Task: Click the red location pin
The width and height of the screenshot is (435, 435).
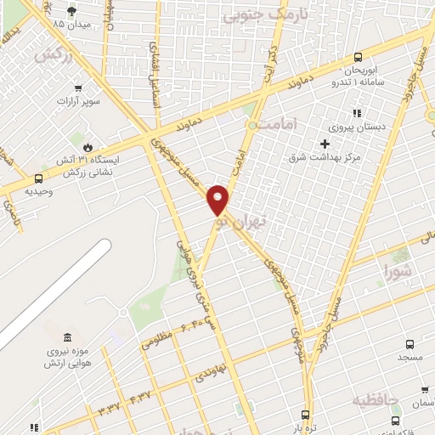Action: pyautogui.click(x=218, y=199)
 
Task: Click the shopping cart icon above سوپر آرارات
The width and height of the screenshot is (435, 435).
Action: pyautogui.click(x=79, y=88)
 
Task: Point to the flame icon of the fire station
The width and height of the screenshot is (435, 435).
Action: pyautogui.click(x=86, y=145)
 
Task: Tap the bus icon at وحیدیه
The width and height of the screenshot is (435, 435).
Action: pyautogui.click(x=38, y=178)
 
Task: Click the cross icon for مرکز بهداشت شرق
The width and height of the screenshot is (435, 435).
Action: pyautogui.click(x=325, y=144)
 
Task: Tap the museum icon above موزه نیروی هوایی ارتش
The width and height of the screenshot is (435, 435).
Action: pyautogui.click(x=67, y=337)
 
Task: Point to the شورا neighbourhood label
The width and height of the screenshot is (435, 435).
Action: pyautogui.click(x=398, y=273)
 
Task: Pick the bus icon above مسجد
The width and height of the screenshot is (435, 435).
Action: pyautogui.click(x=410, y=344)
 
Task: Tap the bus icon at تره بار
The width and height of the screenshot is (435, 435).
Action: pyautogui.click(x=308, y=415)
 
